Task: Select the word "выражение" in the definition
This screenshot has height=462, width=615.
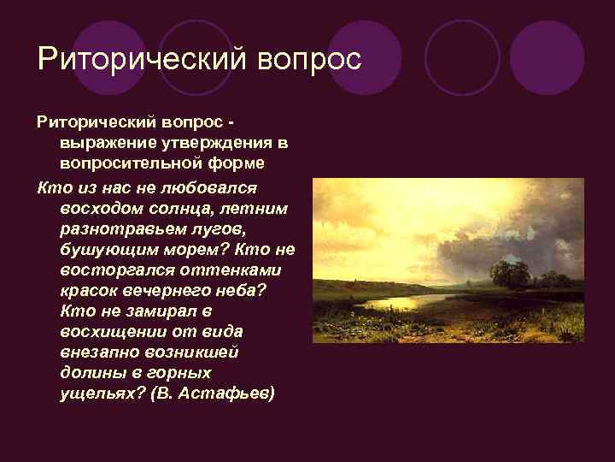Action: (x=101, y=141)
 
